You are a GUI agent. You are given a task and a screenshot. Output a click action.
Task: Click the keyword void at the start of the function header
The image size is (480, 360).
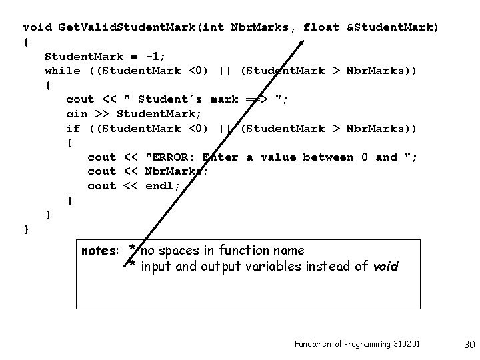click(37, 27)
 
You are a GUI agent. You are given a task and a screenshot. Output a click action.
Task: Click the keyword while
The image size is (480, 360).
click(62, 71)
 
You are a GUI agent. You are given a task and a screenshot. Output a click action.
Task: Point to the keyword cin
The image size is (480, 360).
click(77, 114)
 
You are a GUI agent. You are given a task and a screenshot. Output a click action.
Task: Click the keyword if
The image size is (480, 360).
click(73, 128)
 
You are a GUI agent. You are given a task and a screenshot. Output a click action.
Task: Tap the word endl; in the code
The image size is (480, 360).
click(163, 186)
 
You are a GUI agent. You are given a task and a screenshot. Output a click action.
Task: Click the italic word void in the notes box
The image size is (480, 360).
click(385, 267)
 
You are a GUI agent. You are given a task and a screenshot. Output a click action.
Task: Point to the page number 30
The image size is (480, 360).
click(469, 344)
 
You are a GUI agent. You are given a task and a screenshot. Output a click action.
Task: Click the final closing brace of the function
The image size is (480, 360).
click(26, 229)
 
